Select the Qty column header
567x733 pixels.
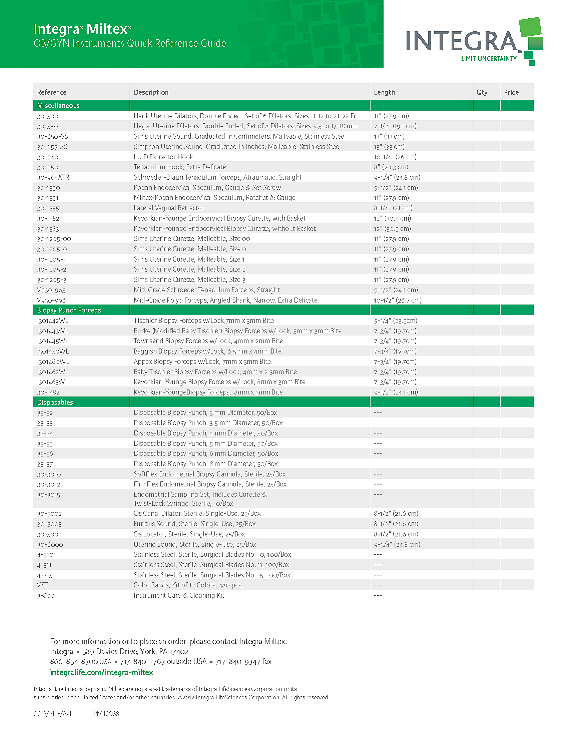482,92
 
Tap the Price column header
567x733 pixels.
511,92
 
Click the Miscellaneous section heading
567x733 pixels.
58,105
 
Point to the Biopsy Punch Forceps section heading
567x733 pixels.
69,310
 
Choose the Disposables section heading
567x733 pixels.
55,402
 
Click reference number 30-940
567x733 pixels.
47,157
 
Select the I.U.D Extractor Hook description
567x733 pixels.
163,157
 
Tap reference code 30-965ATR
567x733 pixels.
53,177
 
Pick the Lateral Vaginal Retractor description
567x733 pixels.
169,208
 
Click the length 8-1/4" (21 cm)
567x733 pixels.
393,208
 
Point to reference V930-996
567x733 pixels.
51,300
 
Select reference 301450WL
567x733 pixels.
53,352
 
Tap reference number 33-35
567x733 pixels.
45,444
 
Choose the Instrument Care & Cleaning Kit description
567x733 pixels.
179,595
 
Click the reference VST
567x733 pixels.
42,585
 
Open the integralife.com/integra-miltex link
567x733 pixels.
101,672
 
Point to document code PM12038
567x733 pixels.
106,714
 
